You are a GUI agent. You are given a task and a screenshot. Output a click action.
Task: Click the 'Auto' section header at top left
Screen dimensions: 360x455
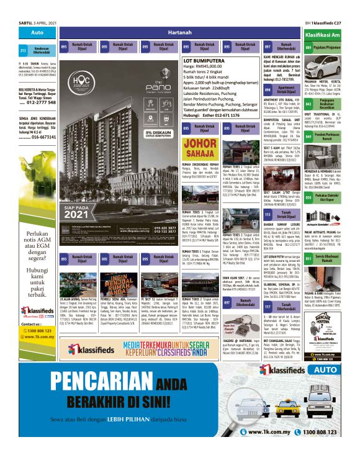pos(37,32)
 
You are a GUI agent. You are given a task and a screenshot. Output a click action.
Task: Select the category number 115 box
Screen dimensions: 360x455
pos(268,214)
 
